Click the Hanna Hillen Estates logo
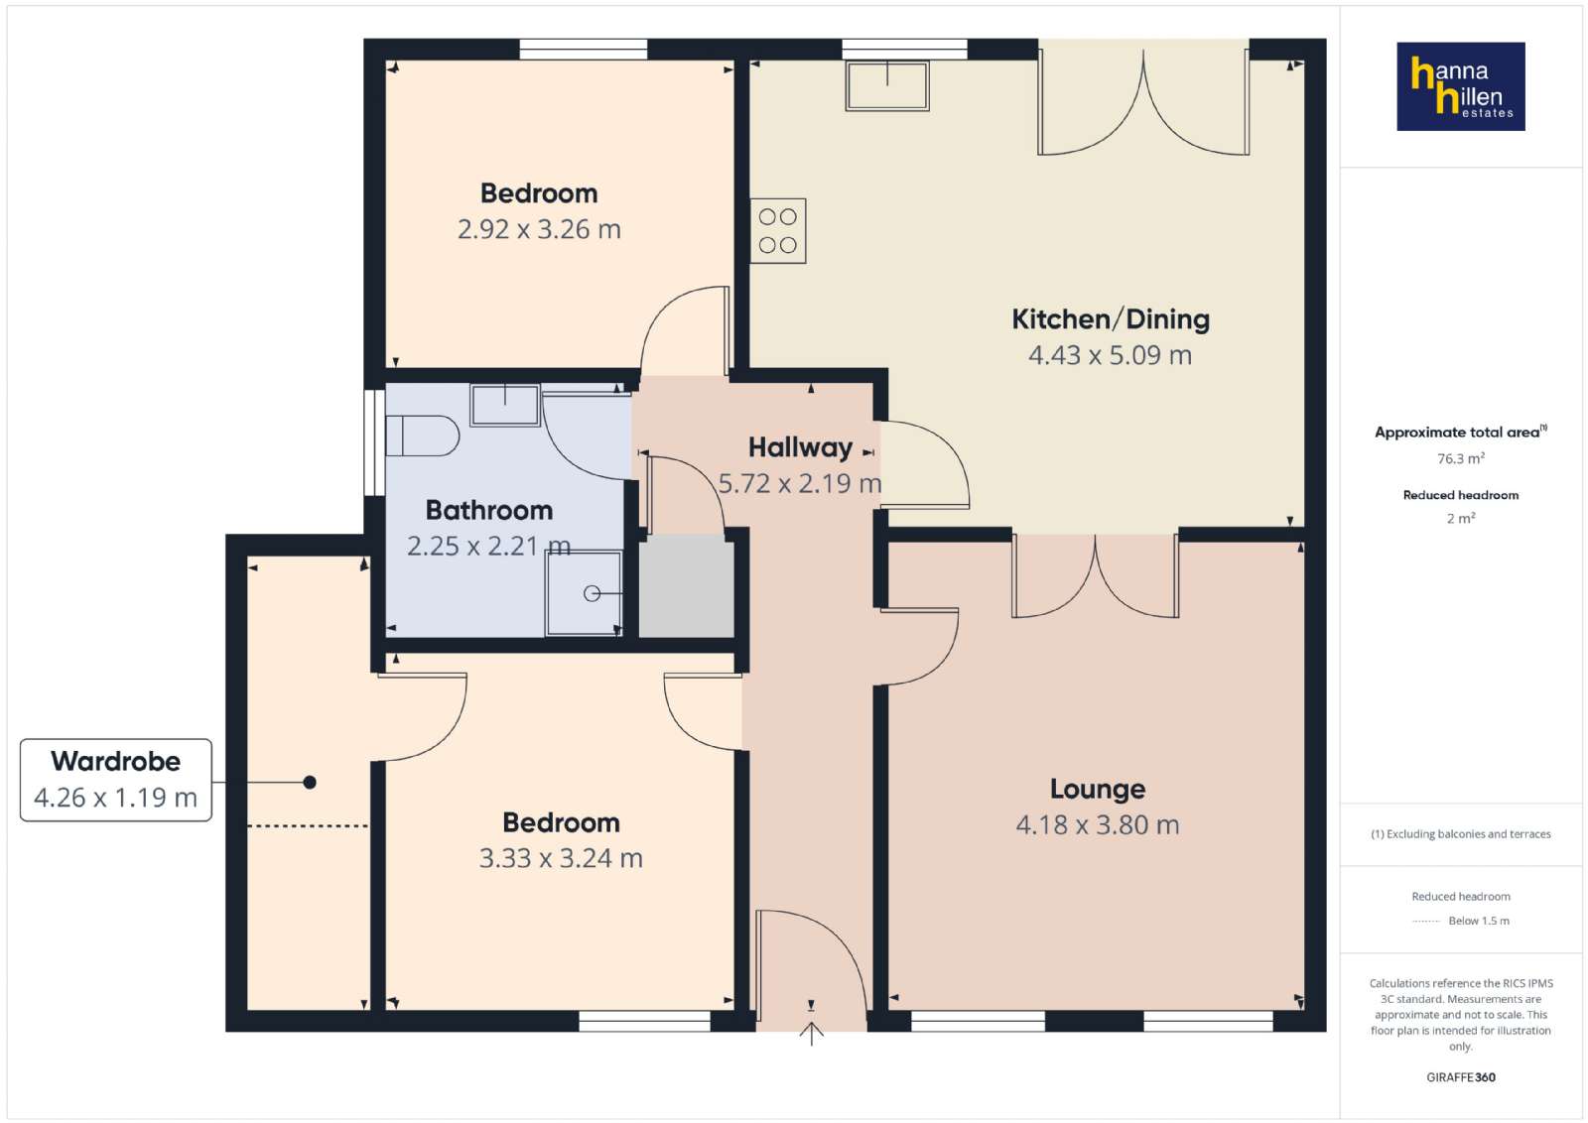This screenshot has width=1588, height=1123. point(1460,86)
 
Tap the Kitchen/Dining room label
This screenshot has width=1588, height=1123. point(1111,319)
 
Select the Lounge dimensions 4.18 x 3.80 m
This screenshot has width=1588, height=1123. point(1098,824)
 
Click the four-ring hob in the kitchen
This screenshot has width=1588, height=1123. point(778,231)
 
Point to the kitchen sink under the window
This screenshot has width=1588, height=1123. point(887,85)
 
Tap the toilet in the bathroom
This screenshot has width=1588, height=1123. point(422,436)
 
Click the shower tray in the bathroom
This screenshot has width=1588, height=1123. point(584,593)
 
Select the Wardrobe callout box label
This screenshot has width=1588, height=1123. point(115,762)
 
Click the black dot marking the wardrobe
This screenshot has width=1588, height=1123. point(310,782)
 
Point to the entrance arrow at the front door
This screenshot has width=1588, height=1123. point(812,1033)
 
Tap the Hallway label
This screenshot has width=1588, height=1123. point(800,447)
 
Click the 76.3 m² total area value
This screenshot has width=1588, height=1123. point(1460,458)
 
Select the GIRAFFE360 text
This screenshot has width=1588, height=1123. point(1460,1077)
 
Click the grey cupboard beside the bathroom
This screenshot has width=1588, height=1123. point(686,586)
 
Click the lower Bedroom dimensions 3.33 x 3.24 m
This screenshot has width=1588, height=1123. point(561,858)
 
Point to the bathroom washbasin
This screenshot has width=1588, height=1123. point(505,405)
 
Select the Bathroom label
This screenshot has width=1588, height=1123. point(489,510)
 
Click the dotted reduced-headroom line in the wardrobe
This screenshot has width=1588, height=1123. point(307,826)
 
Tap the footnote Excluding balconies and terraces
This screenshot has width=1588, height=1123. point(1460,834)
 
